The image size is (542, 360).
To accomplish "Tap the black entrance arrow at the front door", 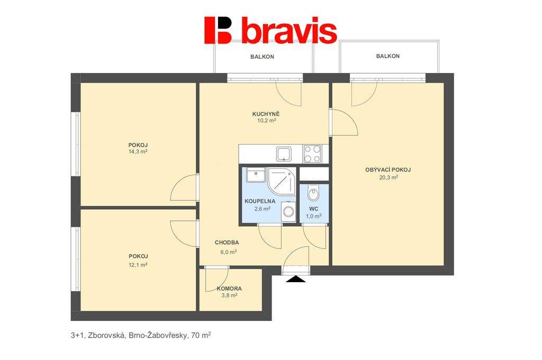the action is (x=296, y=279).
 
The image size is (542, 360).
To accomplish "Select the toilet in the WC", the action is (x=314, y=193).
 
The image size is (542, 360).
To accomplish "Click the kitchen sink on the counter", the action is (x=284, y=154).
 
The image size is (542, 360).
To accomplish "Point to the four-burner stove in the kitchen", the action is (x=312, y=154).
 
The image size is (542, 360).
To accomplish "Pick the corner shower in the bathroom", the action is (x=282, y=181).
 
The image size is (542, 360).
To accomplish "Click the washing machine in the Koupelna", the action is (x=288, y=211).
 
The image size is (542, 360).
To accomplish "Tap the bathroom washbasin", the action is (x=256, y=175).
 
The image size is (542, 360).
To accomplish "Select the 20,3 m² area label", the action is (x=389, y=177).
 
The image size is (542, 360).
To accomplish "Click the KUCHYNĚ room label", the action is (x=266, y=114).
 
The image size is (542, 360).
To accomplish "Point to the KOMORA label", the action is (x=229, y=289).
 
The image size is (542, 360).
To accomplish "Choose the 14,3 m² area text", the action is (x=138, y=151).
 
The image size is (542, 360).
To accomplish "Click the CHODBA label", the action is (x=227, y=243).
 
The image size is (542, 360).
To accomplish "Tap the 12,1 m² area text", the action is (x=138, y=265).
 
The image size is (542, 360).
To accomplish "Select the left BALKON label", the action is (x=263, y=57).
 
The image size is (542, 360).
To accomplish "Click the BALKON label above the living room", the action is (x=388, y=56).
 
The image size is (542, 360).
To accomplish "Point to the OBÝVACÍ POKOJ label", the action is (x=388, y=170).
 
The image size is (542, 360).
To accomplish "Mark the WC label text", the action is (x=313, y=209).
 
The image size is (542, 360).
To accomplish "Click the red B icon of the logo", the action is (x=218, y=30).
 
